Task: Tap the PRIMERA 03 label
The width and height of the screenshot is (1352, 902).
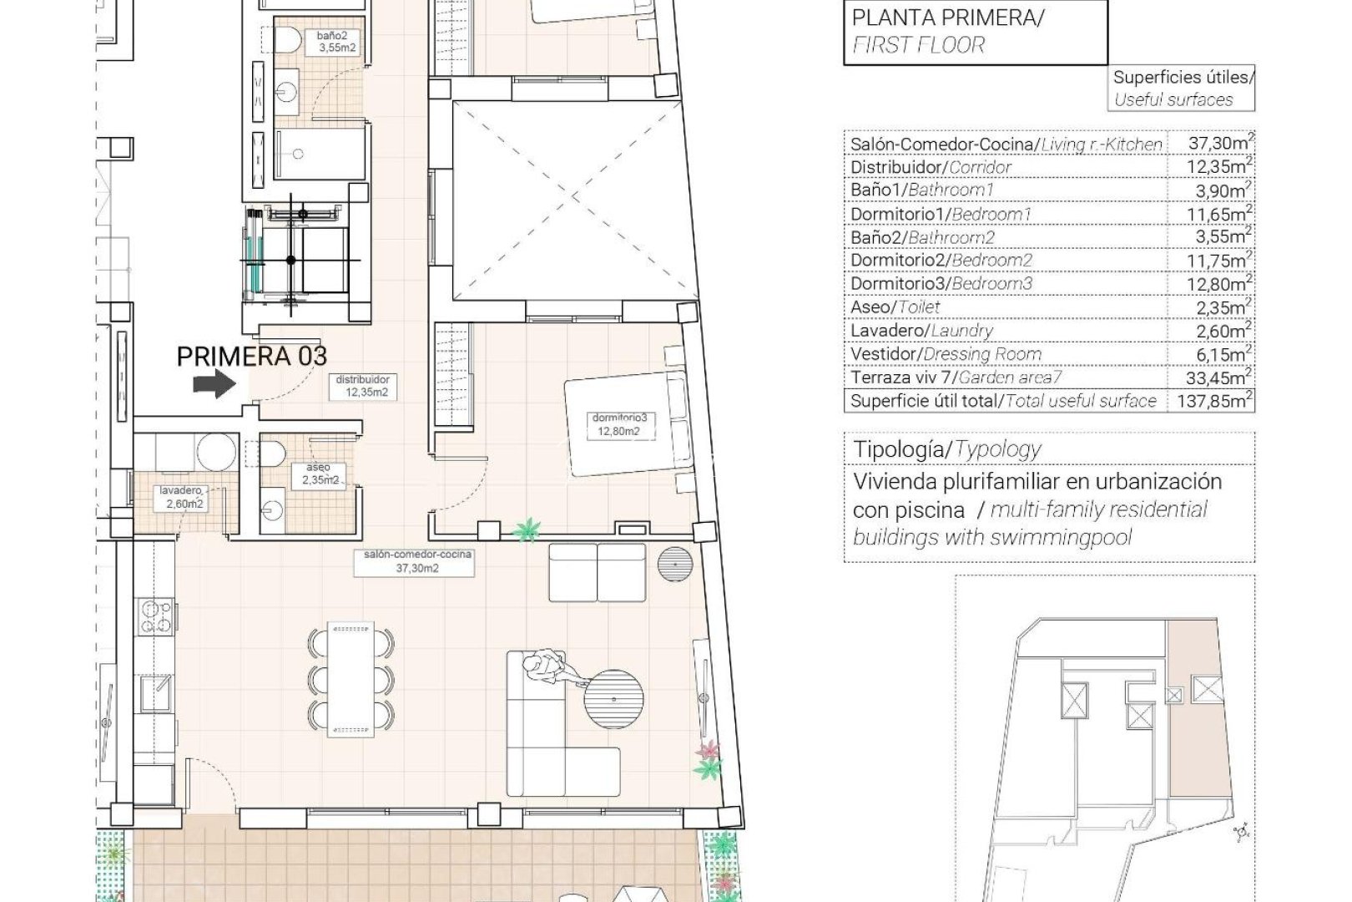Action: [251, 357]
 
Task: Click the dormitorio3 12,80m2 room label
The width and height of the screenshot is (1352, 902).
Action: [618, 425]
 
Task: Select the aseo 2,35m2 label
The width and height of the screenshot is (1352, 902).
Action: [320, 474]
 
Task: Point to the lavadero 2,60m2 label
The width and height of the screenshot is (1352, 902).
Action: [182, 498]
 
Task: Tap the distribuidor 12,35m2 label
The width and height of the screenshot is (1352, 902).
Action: [362, 386]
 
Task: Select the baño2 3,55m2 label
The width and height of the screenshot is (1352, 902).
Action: [336, 42]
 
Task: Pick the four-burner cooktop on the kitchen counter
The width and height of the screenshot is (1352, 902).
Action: [155, 616]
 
